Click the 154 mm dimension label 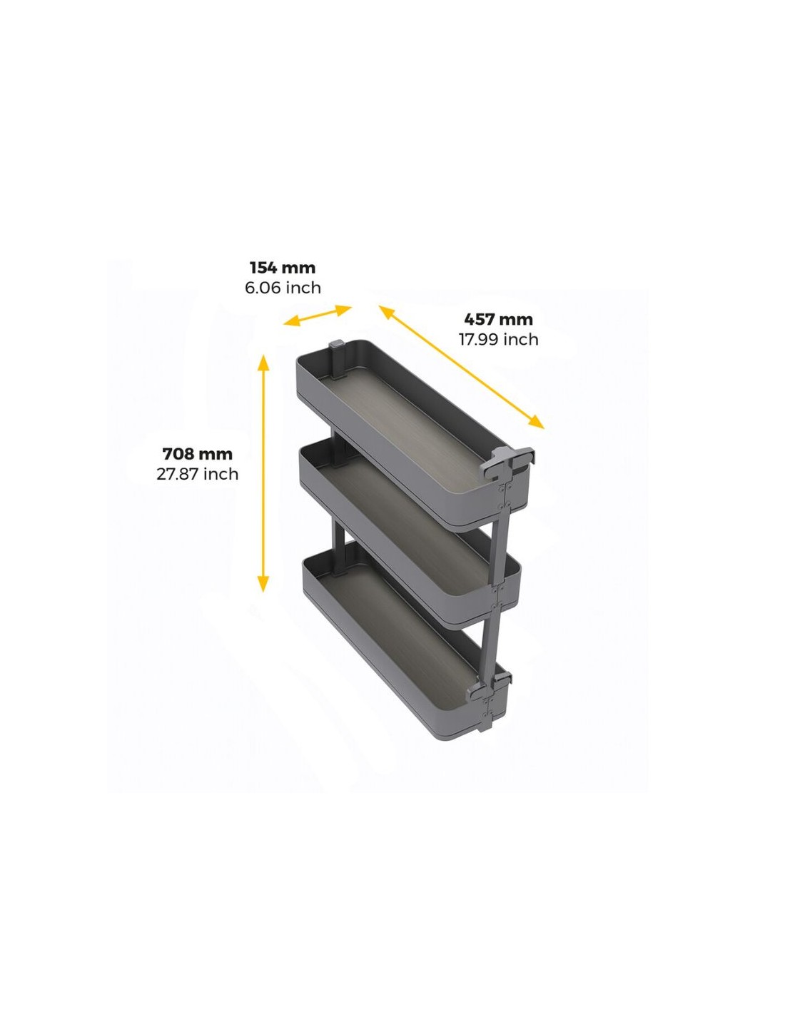283,268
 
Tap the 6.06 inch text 283,288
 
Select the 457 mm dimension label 499,320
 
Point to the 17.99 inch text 498,339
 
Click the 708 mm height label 198,454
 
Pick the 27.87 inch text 198,474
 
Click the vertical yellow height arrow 263,473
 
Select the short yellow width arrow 318,315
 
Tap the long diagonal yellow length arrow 462,367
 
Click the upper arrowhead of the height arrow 263,363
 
